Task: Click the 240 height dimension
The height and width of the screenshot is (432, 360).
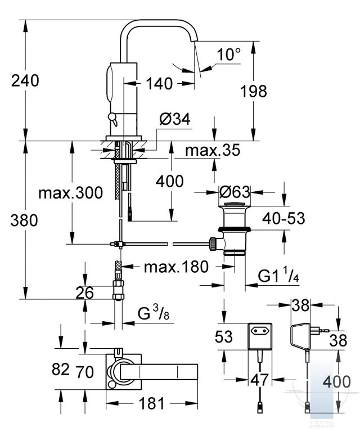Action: [x=25, y=81]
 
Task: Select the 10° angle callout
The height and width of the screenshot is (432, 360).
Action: [x=228, y=55]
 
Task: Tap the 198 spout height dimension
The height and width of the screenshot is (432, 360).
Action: [x=254, y=91]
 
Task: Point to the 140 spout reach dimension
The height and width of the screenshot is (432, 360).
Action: [x=159, y=83]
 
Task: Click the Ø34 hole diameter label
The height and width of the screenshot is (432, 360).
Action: [x=175, y=120]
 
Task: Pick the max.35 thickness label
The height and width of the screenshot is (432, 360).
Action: [x=213, y=150]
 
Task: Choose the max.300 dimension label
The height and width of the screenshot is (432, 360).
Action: [x=71, y=193]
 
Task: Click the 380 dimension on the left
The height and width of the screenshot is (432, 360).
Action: [x=24, y=220]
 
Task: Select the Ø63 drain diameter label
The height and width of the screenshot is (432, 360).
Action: [x=235, y=192]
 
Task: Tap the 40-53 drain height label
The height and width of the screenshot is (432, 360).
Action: [x=283, y=218]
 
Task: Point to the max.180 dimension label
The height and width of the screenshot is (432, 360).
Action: [x=176, y=267]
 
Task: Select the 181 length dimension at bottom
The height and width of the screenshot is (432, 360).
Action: [x=151, y=404]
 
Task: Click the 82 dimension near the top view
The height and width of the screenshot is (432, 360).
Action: [x=61, y=369]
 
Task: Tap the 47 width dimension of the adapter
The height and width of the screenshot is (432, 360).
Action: [x=259, y=380]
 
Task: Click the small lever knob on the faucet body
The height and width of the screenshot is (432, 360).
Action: [x=112, y=119]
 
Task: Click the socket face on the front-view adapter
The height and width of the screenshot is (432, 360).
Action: [x=260, y=330]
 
